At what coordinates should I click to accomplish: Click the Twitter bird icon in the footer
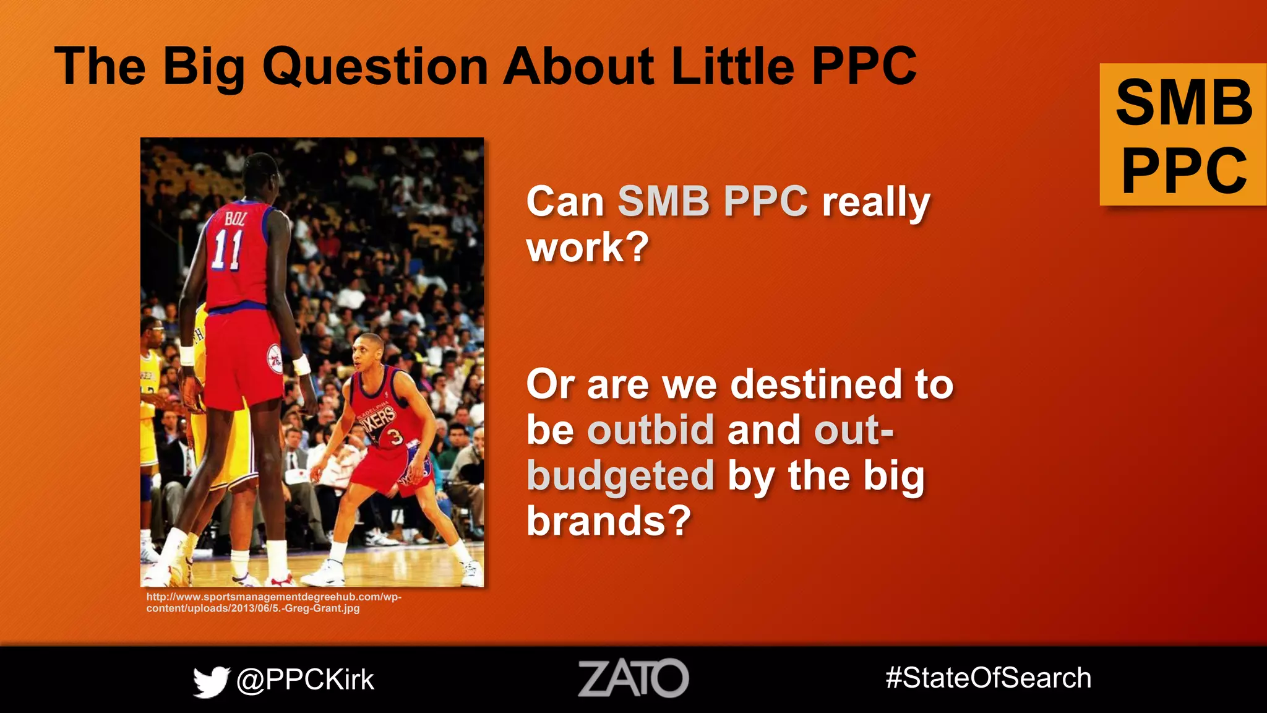pyautogui.click(x=211, y=681)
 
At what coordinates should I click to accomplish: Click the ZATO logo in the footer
pyautogui.click(x=633, y=678)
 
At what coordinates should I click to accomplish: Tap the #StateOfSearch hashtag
pyautogui.click(x=988, y=678)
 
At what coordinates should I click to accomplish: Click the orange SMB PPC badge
pyautogui.click(x=1183, y=135)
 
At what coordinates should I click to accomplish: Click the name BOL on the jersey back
pyautogui.click(x=236, y=218)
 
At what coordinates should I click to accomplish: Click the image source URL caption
pyautogui.click(x=273, y=603)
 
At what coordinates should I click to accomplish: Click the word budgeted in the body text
pyautogui.click(x=621, y=475)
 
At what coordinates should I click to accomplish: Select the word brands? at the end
pyautogui.click(x=608, y=521)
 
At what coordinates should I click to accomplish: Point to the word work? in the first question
pyautogui.click(x=587, y=248)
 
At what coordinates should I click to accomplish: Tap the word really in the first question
pyautogui.click(x=876, y=202)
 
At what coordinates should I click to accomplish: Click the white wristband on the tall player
pyautogui.click(x=301, y=365)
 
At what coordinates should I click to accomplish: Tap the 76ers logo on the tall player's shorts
pyautogui.click(x=275, y=359)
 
